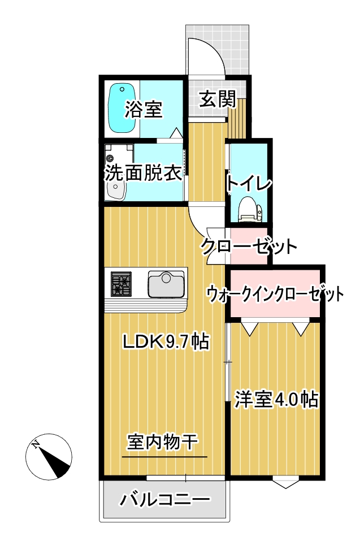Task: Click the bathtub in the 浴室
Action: (x=122, y=108)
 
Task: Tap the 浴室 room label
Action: (x=144, y=109)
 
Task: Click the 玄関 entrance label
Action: (x=218, y=99)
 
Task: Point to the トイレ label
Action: (x=249, y=182)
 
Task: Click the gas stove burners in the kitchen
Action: (x=121, y=284)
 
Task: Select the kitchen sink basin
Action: (x=166, y=284)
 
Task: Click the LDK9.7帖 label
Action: (x=167, y=342)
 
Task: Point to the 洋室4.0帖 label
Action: (x=276, y=399)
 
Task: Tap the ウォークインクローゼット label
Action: (x=275, y=295)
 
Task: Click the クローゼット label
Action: (x=249, y=246)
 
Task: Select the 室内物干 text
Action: (x=163, y=442)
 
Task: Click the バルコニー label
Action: (x=165, y=500)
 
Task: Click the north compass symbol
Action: (x=49, y=457)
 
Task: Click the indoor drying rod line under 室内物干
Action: (x=164, y=457)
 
